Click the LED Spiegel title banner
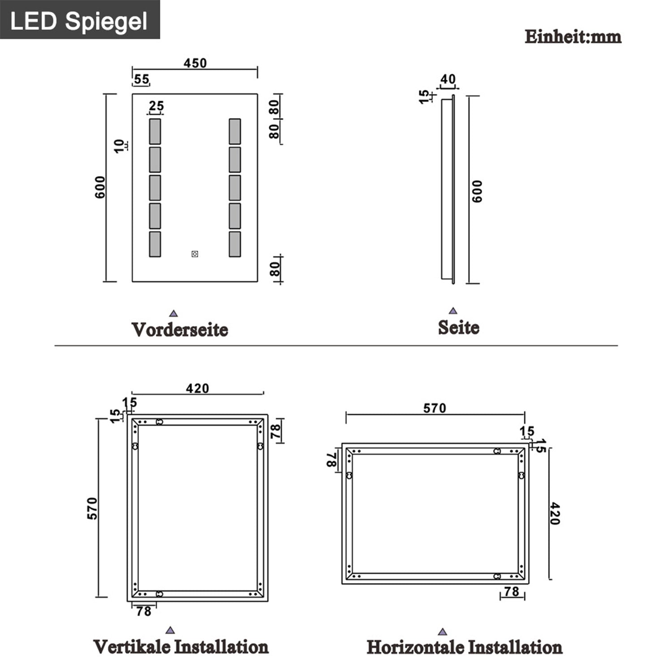click(79, 21)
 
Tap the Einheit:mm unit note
click(573, 37)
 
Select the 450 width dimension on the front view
click(195, 63)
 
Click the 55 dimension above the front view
click(141, 79)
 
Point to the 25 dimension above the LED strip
click(156, 106)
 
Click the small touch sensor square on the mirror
click(195, 254)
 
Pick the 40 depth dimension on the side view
click(448, 79)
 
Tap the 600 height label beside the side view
click(477, 192)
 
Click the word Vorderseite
click(180, 330)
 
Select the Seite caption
click(458, 327)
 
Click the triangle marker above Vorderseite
click(174, 314)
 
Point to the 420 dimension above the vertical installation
click(197, 388)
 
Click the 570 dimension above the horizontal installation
click(435, 408)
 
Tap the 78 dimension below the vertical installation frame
click(143, 611)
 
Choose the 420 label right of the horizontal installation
click(555, 513)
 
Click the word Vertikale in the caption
click(132, 647)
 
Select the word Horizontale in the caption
click(415, 648)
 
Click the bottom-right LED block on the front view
click(235, 244)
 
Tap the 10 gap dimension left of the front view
click(119, 146)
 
